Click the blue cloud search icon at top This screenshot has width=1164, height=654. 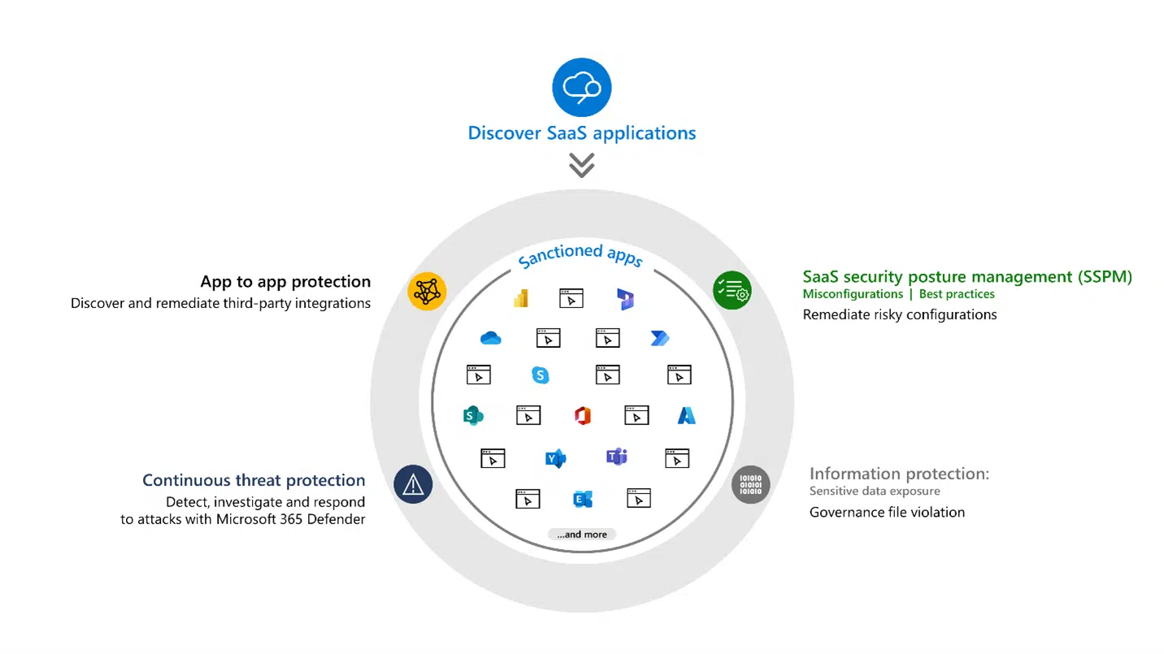coord(581,87)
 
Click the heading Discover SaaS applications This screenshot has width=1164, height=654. coord(581,133)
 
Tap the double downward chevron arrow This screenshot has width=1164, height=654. coord(581,166)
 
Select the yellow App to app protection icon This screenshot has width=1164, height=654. coord(427,290)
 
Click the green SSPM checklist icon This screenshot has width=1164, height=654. coord(732,290)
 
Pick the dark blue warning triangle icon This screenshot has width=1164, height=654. coord(413,484)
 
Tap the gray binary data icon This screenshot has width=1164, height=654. coord(750,484)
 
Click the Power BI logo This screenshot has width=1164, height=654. coord(521,298)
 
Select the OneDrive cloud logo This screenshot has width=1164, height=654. coord(490,338)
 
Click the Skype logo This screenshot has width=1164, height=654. coord(540,375)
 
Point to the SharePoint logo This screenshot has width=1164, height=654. coord(472,416)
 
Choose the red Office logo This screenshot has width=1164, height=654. coord(582,416)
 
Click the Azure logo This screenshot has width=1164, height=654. coord(687,416)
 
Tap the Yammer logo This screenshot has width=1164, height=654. coord(555,458)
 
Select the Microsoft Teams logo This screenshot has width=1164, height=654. coord(616,457)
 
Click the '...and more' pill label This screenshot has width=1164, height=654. coord(582,535)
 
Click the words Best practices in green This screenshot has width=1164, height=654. coord(957,294)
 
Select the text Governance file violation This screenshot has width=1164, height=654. coord(887,512)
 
